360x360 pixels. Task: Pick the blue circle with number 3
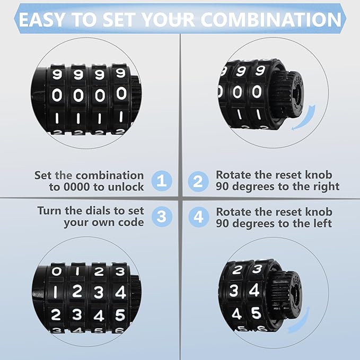coord(162,216)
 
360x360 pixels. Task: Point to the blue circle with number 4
coord(198,216)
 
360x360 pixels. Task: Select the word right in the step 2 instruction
coord(324,187)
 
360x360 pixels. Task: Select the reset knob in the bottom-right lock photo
coord(286,294)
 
